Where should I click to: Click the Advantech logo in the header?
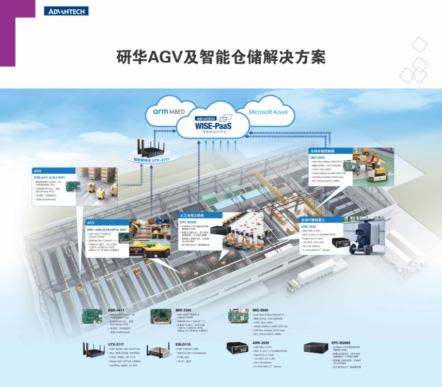(66, 11)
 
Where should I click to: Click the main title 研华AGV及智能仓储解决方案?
(221, 56)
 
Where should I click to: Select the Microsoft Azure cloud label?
(268, 111)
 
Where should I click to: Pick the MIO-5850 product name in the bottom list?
(260, 310)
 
